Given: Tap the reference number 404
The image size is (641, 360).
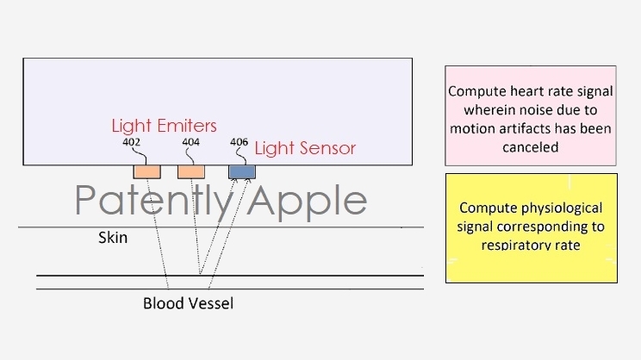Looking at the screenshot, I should [191, 143].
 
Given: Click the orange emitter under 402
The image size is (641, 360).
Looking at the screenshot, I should [146, 171].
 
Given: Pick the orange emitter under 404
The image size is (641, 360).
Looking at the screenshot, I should [191, 171].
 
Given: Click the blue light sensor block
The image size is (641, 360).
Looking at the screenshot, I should [242, 171].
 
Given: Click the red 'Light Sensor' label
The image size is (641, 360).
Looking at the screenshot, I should [305, 149].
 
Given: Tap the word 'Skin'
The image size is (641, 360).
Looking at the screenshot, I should [112, 237].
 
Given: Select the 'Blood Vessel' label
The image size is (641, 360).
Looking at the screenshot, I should [188, 303].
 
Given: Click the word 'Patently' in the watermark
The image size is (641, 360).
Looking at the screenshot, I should [155, 201].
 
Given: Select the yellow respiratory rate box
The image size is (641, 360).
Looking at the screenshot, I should [531, 227].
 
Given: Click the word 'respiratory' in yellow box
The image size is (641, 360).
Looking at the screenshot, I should [515, 245].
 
